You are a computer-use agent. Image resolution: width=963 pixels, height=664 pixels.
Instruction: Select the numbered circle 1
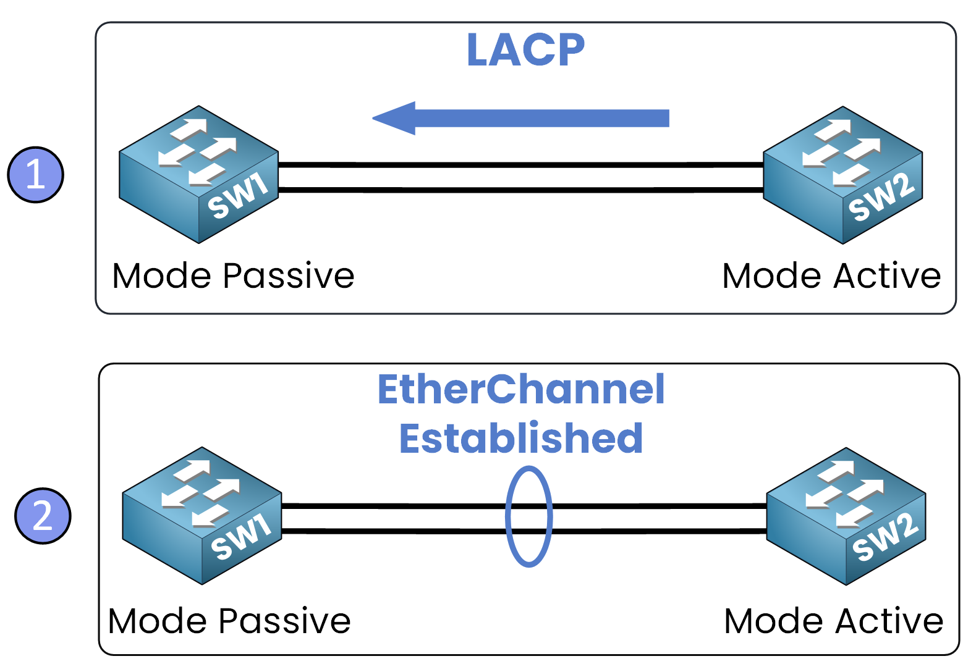click(x=35, y=175)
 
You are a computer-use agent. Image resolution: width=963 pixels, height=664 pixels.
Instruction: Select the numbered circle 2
click(x=43, y=516)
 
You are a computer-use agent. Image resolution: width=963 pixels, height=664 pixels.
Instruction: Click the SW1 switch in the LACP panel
click(x=198, y=174)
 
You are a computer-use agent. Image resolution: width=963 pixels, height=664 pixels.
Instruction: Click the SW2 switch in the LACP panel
click(x=842, y=175)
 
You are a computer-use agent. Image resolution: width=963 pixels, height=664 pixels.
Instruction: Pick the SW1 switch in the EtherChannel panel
click(x=202, y=516)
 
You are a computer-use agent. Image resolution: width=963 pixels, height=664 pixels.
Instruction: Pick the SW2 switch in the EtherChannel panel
click(x=846, y=516)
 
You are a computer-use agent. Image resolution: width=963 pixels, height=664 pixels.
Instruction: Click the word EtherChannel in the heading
click(x=521, y=390)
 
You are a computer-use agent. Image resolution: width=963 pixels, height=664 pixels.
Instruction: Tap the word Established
click(x=521, y=439)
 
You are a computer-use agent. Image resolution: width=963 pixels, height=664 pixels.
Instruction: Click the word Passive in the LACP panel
click(x=289, y=275)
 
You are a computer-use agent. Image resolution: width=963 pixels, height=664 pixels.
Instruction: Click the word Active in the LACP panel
click(x=887, y=275)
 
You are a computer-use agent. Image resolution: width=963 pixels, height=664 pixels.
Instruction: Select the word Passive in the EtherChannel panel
click(x=285, y=621)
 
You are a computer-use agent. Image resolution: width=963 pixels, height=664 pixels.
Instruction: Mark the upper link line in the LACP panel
click(x=520, y=165)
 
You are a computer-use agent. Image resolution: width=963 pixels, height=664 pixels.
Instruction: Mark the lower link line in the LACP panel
click(x=520, y=190)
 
